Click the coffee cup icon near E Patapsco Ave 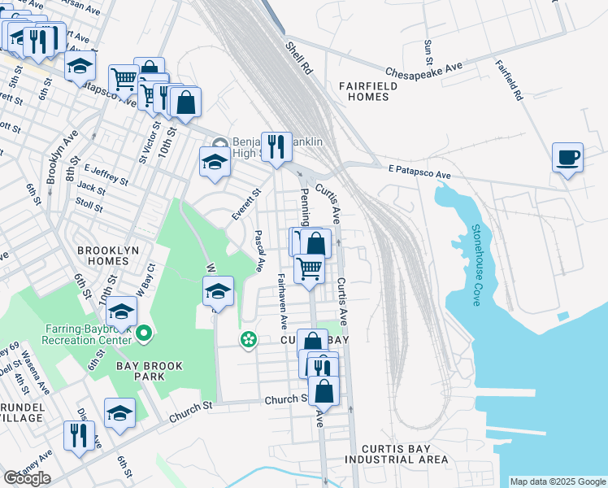[x=567, y=156]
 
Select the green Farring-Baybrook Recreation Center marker [x=145, y=333]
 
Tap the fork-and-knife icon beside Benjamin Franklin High [x=276, y=146]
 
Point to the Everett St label [x=245, y=203]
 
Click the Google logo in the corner [x=27, y=478]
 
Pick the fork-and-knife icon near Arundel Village [x=79, y=434]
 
